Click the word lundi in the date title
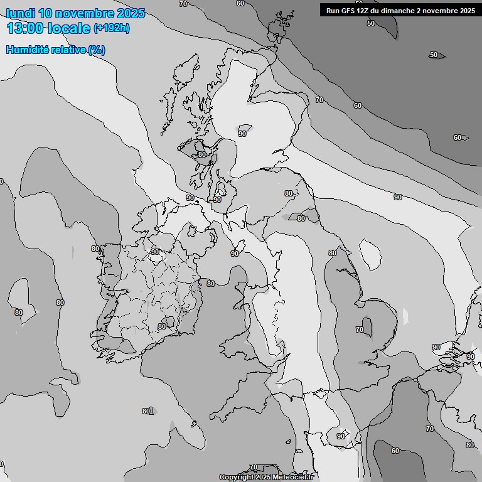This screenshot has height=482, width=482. (x=21, y=13)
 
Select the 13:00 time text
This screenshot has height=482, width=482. (x=26, y=28)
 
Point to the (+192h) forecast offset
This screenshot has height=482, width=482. (x=111, y=28)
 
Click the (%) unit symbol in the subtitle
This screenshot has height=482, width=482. (x=97, y=50)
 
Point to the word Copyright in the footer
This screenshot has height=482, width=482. (x=237, y=477)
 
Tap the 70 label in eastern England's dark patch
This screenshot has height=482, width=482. (x=360, y=329)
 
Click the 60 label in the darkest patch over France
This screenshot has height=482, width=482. (x=395, y=451)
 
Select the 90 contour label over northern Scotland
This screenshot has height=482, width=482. (x=242, y=134)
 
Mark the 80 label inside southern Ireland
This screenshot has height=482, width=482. (x=162, y=326)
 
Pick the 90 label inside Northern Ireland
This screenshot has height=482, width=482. (x=155, y=252)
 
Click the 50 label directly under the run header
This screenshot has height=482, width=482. (x=370, y=23)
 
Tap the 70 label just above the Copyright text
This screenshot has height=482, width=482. (x=253, y=467)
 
